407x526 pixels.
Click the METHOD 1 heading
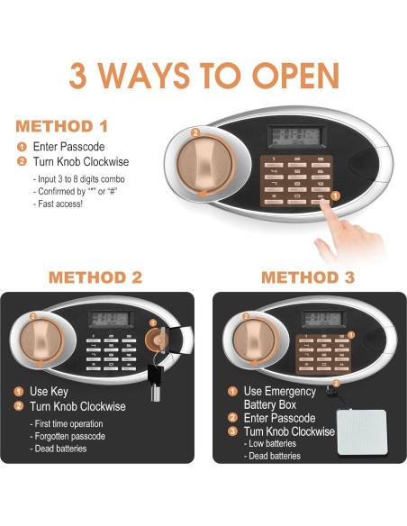coord(62,126)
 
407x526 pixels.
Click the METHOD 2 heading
coord(95,277)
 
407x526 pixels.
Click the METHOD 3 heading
coord(308,277)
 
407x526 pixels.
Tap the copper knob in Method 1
coord(204,164)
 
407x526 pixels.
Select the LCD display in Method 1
coord(297,137)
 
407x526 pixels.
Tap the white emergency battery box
coord(362,432)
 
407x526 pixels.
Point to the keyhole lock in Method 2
coord(157,340)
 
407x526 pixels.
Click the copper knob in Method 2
coord(41,340)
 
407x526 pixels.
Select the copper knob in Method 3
coord(254,340)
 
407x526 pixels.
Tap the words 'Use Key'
coord(49,392)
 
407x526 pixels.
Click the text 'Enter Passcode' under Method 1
coord(68,147)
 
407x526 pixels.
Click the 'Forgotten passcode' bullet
coord(68,436)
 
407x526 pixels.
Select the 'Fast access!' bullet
coord(58,204)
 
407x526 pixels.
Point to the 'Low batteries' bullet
coord(270,443)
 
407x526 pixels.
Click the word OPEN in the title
coord(295,76)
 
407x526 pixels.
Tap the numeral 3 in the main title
coord(77,76)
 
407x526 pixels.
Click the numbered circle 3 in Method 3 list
coord(232,431)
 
